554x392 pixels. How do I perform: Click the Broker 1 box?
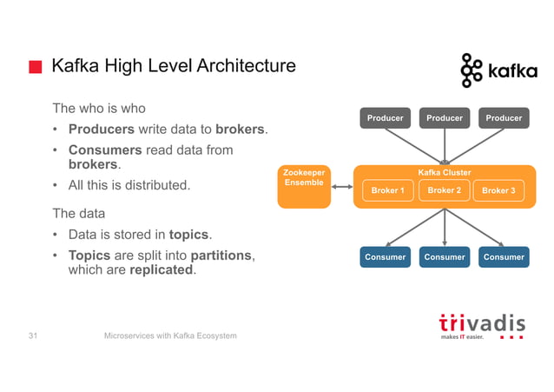click(x=387, y=190)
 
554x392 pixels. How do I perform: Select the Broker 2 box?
click(x=444, y=190)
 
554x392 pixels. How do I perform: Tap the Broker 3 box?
click(x=498, y=190)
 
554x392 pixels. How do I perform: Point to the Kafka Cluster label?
click(x=445, y=173)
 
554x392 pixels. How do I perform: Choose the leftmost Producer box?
click(x=385, y=118)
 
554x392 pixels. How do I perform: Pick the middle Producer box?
click(x=444, y=118)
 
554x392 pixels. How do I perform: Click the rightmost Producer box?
click(x=504, y=118)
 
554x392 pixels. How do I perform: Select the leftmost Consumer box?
click(x=385, y=256)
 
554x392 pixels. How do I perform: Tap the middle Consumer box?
click(x=444, y=256)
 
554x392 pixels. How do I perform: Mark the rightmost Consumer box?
click(x=504, y=256)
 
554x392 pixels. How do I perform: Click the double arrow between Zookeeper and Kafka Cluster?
click(x=342, y=186)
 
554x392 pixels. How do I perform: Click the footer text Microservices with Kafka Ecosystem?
click(x=170, y=336)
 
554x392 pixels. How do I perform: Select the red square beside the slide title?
click(x=36, y=67)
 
